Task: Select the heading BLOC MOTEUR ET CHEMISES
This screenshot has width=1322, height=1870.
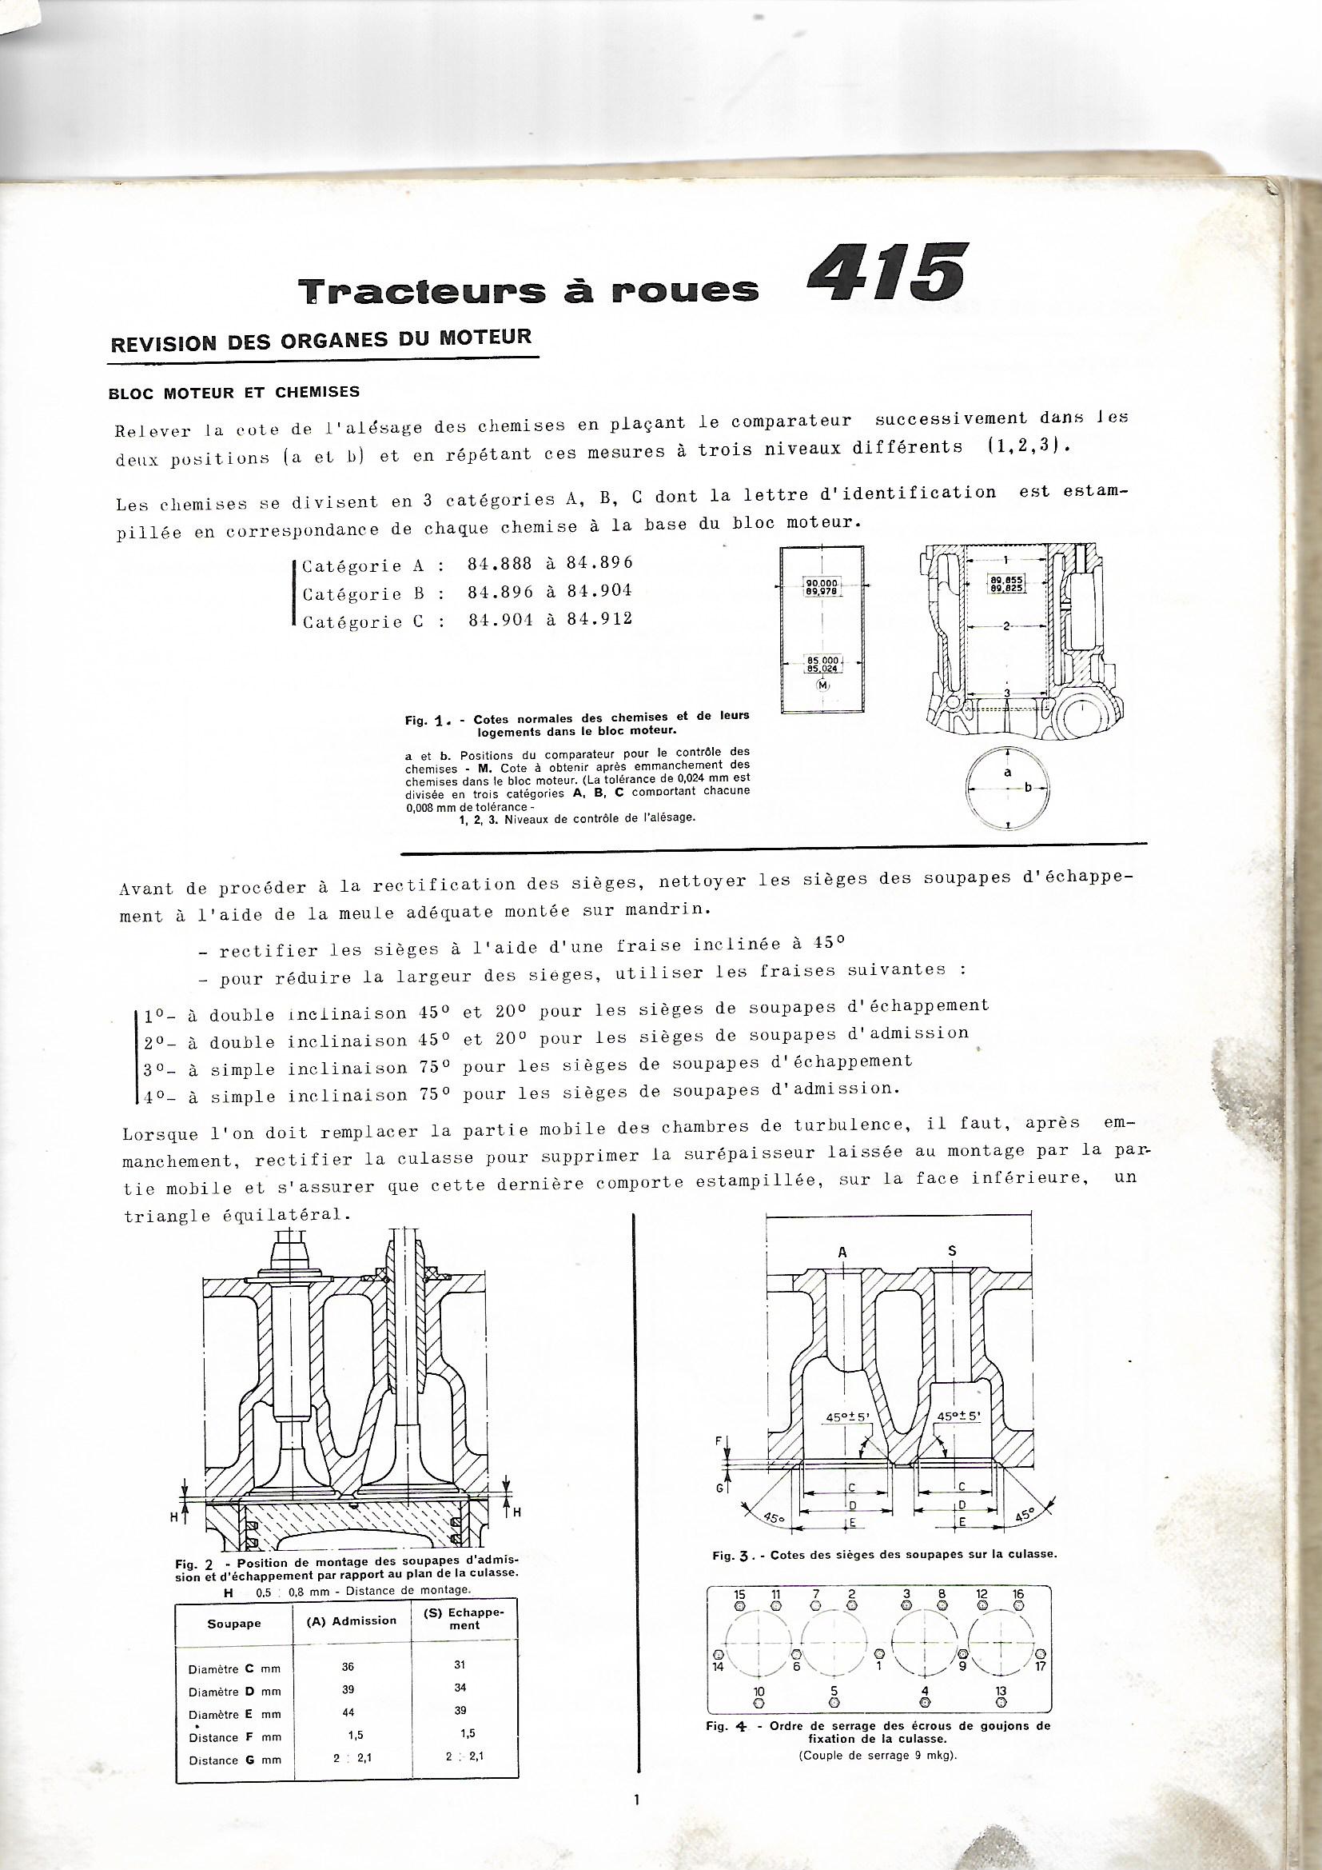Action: point(233,393)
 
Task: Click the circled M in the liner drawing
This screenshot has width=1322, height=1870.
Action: point(823,685)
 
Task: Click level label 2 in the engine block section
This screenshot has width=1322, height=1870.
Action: point(1007,626)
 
